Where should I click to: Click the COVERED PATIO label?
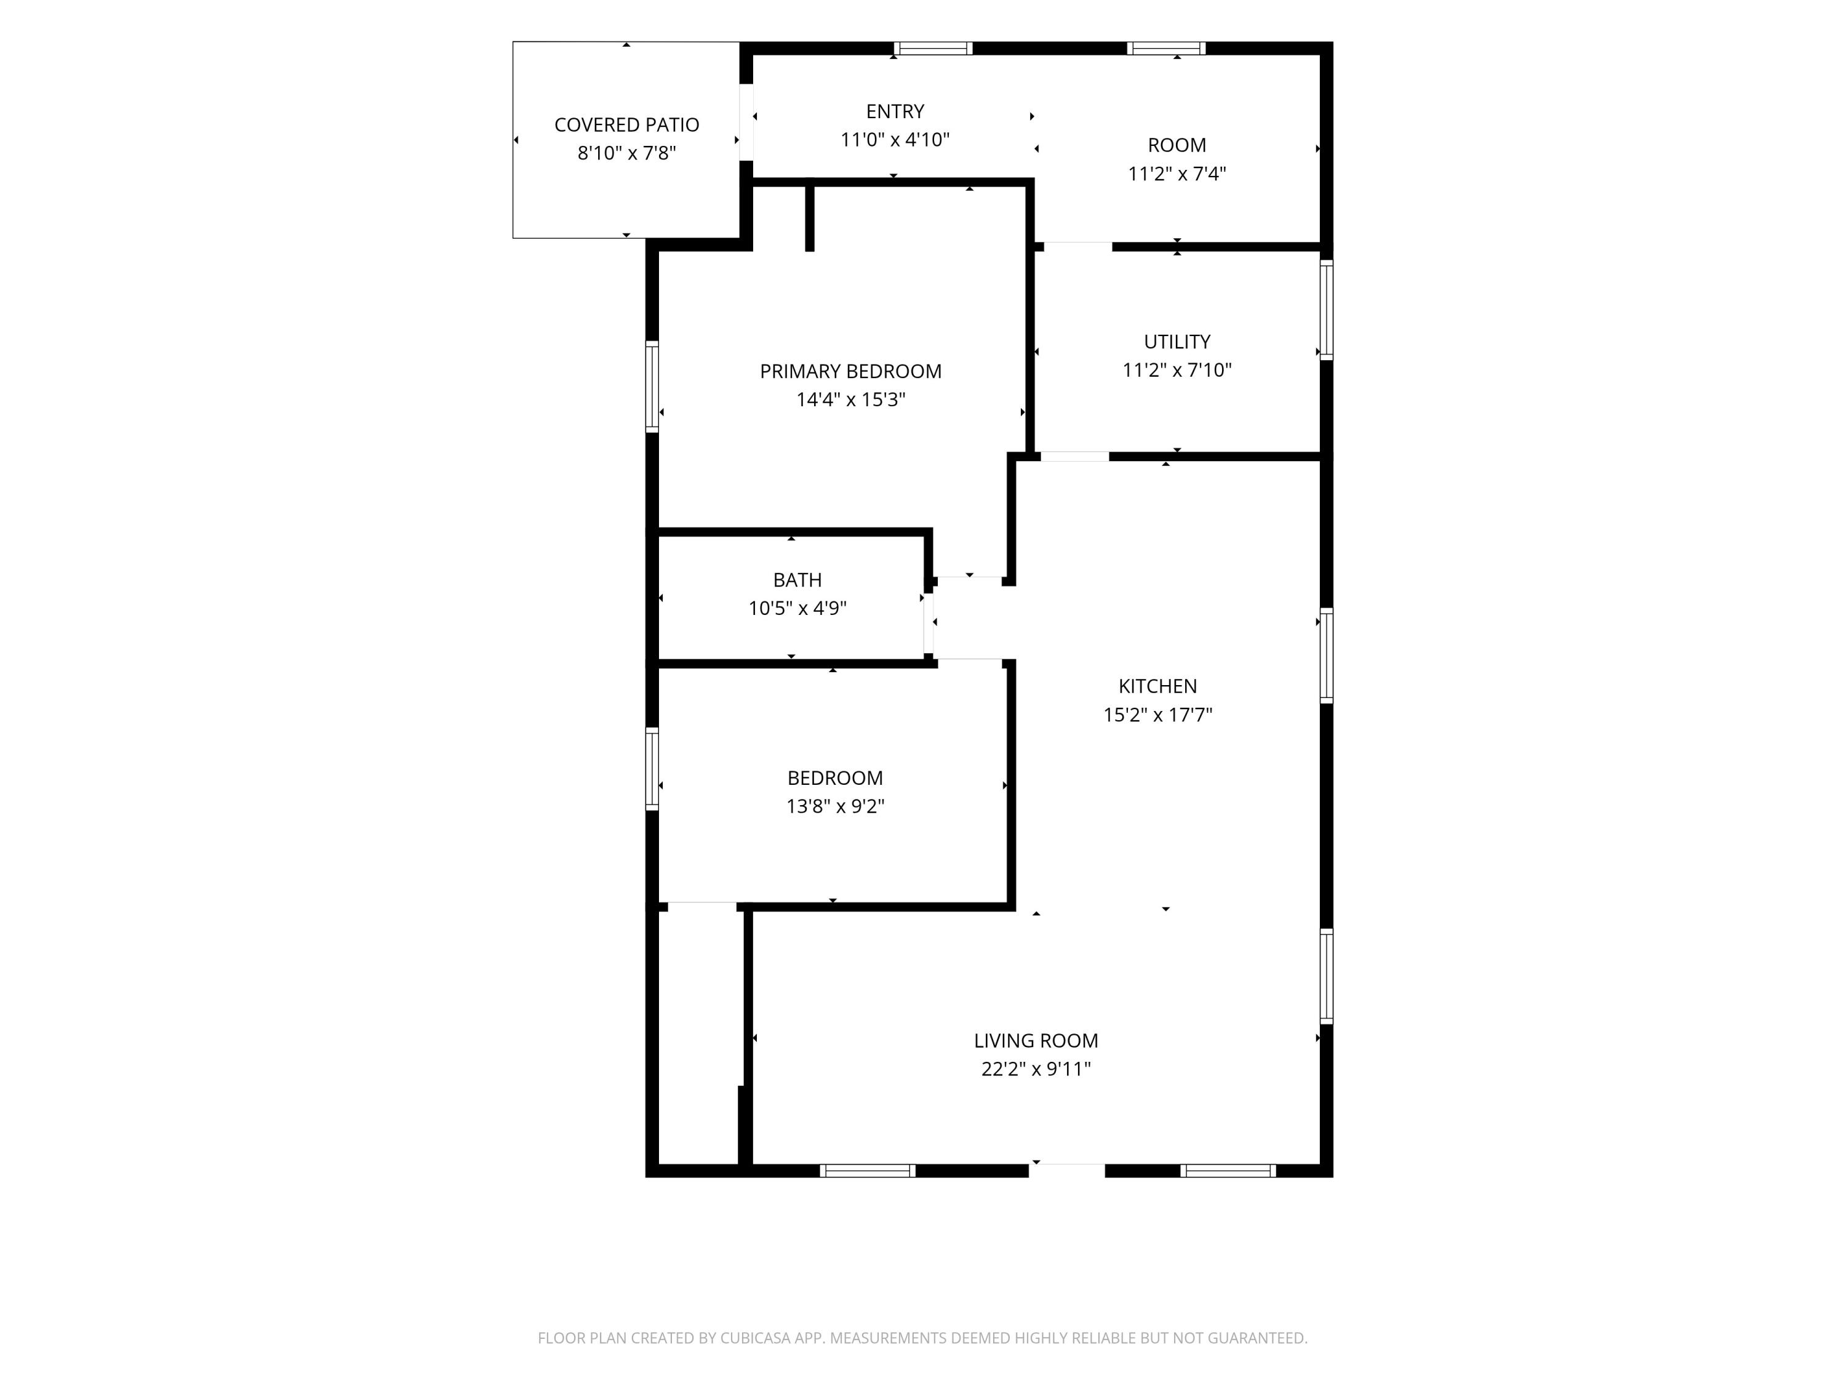[x=627, y=124]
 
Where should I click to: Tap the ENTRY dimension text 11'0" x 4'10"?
[x=895, y=139]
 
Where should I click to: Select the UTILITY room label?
[x=1177, y=342]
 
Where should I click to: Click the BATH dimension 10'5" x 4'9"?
[x=797, y=608]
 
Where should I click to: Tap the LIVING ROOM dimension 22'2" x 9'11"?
[x=1036, y=1069]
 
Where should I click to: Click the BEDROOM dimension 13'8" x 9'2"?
[x=834, y=806]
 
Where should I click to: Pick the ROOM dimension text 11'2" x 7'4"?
[x=1177, y=174]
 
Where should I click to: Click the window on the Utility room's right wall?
[x=1326, y=310]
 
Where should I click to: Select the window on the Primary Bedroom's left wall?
[x=652, y=387]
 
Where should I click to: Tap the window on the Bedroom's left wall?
[x=652, y=769]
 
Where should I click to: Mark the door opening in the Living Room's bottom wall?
[x=1066, y=1170]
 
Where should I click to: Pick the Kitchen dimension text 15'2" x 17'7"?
[x=1157, y=715]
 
